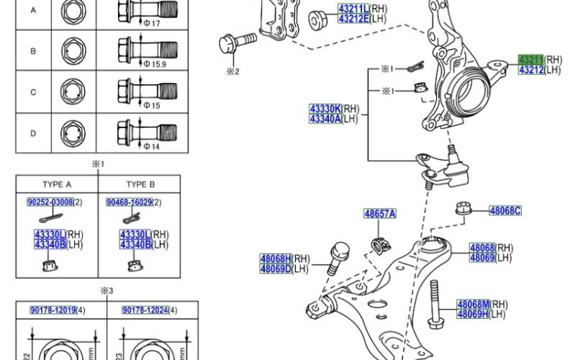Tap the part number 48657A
(x=379, y=214)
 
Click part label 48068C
(x=505, y=211)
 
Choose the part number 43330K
(x=325, y=109)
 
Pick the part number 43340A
(x=325, y=119)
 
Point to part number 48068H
(x=276, y=258)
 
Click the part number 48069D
(x=276, y=269)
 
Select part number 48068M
(x=472, y=305)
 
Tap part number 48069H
(x=472, y=315)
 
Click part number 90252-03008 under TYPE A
(x=50, y=203)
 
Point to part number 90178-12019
(x=53, y=310)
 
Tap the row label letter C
(x=33, y=92)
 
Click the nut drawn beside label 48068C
(x=463, y=210)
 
